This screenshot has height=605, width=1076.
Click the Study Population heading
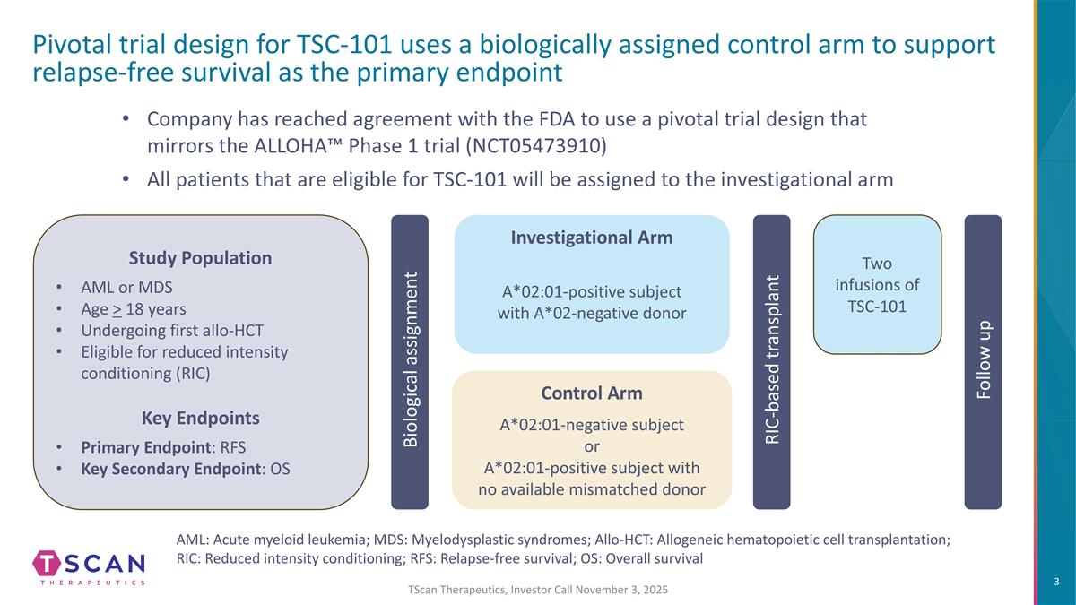[200, 258]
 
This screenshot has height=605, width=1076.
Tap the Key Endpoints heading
[200, 419]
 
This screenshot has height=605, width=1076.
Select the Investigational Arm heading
[592, 238]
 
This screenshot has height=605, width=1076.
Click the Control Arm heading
[592, 393]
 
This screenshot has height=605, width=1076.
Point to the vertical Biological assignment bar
[410, 362]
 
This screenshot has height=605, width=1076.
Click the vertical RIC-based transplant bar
[771, 362]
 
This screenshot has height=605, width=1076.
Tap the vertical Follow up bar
[984, 362]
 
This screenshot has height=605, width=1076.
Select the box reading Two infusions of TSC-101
[877, 284]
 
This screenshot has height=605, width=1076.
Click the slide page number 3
[1056, 582]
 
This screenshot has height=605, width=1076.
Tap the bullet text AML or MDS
[126, 287]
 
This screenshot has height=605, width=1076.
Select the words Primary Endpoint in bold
[146, 447]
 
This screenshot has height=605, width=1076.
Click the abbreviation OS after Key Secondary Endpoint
[280, 469]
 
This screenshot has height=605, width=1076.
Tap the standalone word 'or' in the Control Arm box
[592, 447]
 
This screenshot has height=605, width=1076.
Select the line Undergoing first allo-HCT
[172, 331]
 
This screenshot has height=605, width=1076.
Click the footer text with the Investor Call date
[538, 590]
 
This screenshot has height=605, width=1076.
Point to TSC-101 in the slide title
[344, 44]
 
